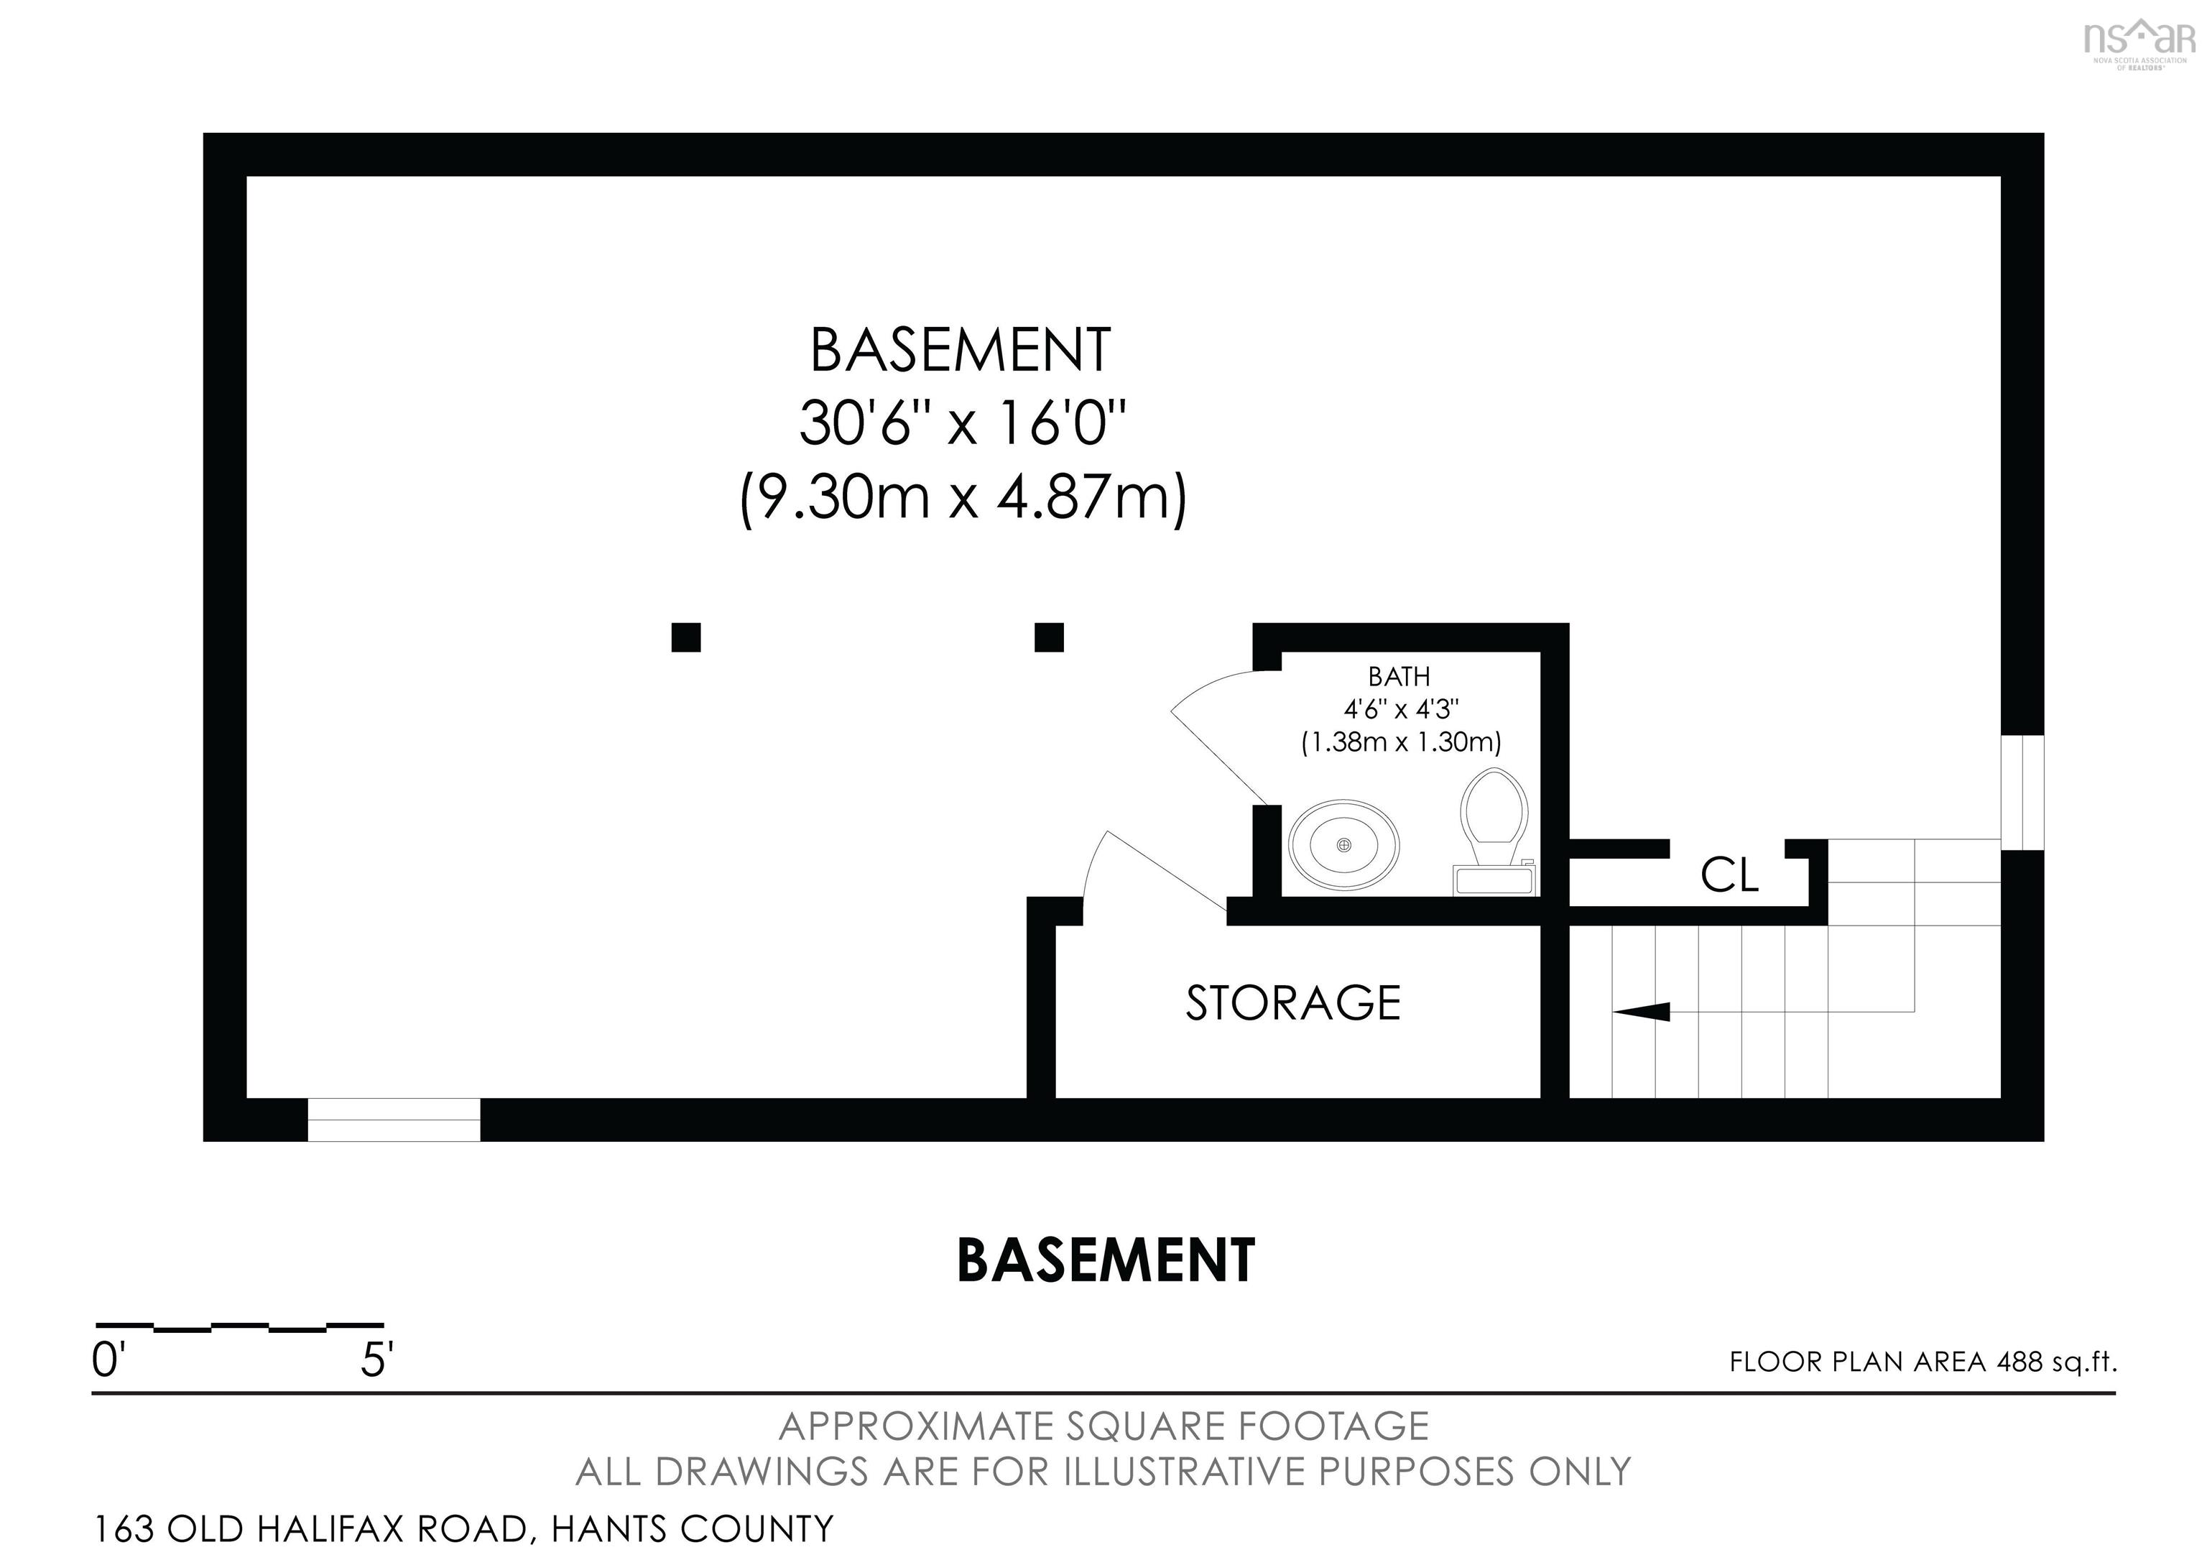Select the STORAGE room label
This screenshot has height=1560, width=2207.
(1293, 1002)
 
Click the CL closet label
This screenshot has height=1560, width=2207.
(1729, 874)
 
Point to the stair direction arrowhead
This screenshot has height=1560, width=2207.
(1641, 1011)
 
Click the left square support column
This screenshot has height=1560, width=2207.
(685, 637)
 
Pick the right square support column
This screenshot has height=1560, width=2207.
(1049, 637)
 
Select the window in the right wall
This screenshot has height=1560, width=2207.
(2022, 793)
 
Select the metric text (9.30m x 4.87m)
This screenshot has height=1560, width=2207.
(963, 498)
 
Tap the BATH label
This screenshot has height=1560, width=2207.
(1399, 677)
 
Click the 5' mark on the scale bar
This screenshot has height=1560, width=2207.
(376, 1361)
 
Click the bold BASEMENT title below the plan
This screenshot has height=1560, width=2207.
(1106, 1260)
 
